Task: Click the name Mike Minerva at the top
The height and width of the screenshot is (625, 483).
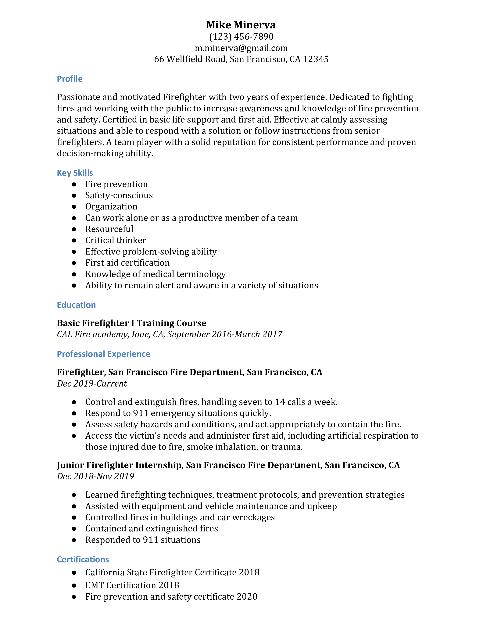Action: (x=241, y=25)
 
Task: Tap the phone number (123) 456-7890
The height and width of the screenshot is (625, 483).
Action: (x=241, y=37)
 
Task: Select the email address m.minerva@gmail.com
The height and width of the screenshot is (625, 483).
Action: (x=241, y=48)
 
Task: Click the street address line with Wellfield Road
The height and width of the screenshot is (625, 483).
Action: (x=241, y=59)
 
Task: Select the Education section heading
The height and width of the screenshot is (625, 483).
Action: (x=76, y=305)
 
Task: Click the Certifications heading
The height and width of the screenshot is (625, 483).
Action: (x=83, y=559)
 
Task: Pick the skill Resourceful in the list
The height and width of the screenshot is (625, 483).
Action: (x=109, y=229)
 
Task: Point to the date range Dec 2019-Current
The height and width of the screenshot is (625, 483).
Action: (x=92, y=384)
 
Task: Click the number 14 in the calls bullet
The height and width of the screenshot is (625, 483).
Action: (x=280, y=402)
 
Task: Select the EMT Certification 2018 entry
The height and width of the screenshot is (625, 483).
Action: (x=132, y=585)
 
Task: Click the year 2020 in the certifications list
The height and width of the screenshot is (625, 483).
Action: (x=247, y=597)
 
